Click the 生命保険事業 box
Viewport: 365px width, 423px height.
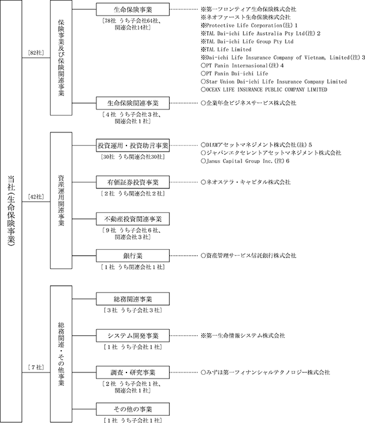133,10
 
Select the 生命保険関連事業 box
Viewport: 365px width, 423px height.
133,103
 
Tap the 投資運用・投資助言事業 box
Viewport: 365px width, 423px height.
133,146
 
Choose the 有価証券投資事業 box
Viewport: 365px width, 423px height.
133,182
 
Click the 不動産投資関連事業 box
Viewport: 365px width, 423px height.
133,219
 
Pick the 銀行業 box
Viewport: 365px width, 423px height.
133,256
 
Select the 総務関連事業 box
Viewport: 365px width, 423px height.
133,299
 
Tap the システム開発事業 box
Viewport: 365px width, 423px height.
133,335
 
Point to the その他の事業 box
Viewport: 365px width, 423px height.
133,409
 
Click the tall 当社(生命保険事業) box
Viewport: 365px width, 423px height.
11,211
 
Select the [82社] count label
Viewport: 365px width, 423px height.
32,54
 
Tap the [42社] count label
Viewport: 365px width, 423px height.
32,197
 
